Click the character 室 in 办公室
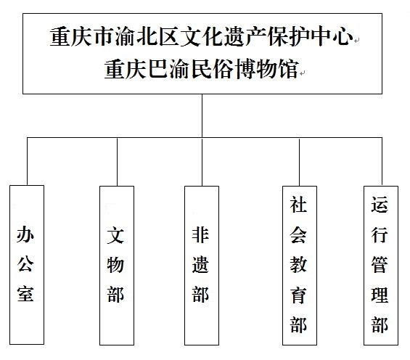coord(25,295)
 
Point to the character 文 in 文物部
coord(115,235)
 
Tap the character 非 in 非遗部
coord(200,235)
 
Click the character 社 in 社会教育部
coord(298,205)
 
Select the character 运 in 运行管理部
coord(380,205)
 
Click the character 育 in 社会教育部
coord(298,295)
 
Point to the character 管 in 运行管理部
coord(380,265)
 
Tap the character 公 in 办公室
coord(25,265)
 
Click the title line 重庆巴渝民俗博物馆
coord(202,69)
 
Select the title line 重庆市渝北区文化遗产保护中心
coord(202,36)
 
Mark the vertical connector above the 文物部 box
coord(117,162)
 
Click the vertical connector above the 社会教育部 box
coord(300,162)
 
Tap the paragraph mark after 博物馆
coord(303,74)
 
